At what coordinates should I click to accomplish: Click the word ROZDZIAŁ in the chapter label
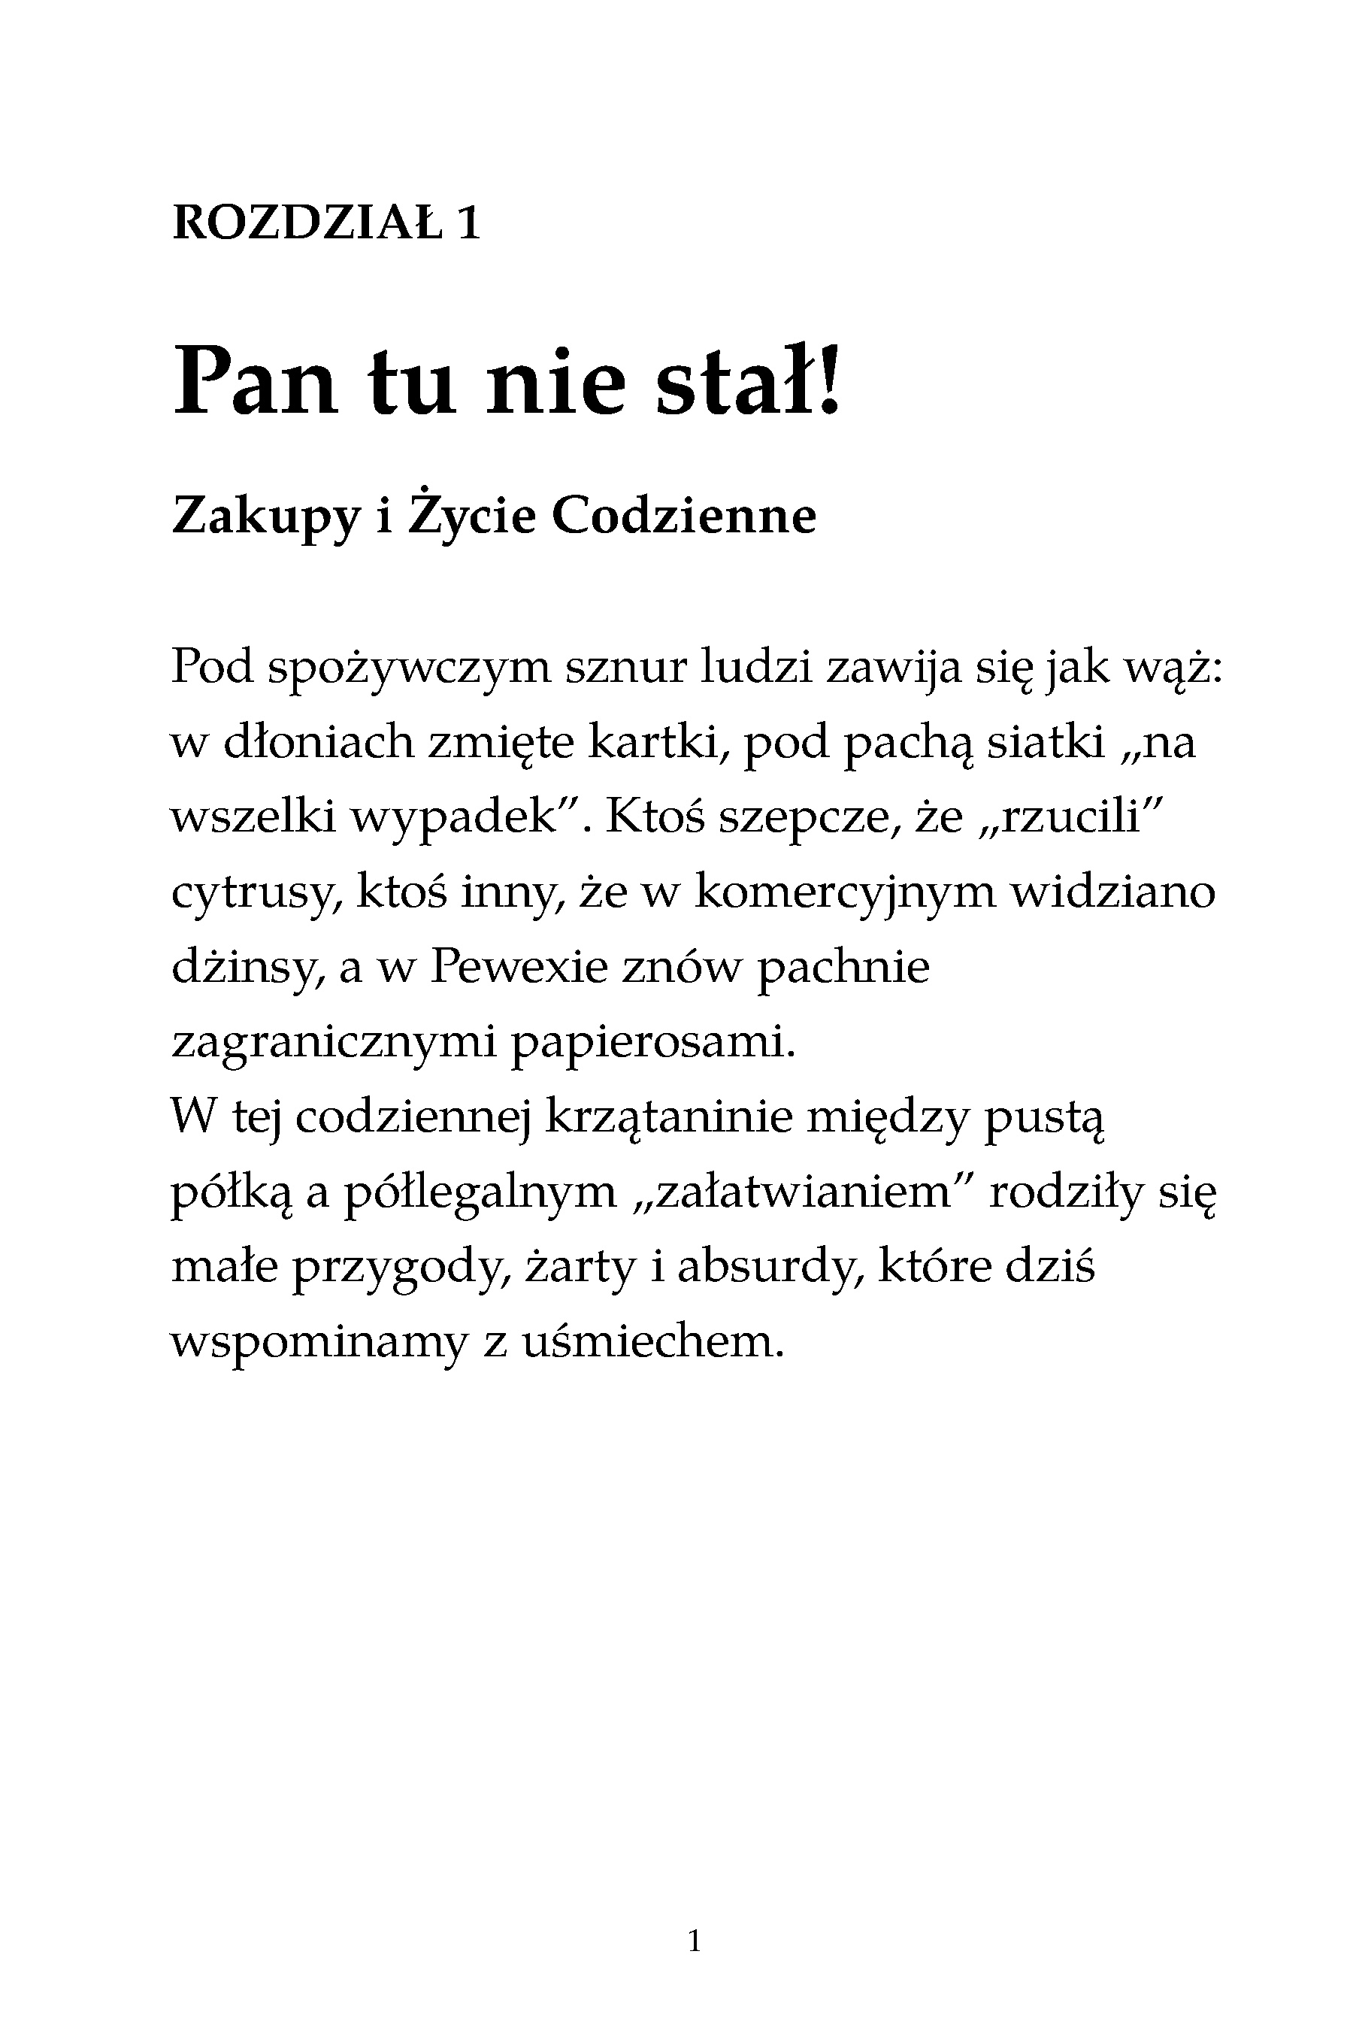[307, 224]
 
